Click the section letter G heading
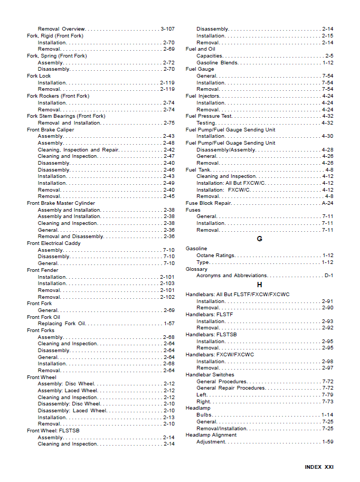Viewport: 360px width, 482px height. [x=259, y=239]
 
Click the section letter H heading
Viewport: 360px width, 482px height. [x=259, y=285]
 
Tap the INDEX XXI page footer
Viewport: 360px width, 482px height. [x=319, y=467]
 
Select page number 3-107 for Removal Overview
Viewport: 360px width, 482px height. [x=167, y=29]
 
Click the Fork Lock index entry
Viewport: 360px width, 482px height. [x=39, y=76]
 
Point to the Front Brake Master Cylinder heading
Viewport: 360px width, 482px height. [x=61, y=203]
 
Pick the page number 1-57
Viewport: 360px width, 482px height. [x=169, y=324]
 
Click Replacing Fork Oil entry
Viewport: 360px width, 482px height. [x=61, y=324]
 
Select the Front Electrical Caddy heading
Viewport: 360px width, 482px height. [x=53, y=243]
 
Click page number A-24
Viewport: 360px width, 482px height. [x=327, y=203]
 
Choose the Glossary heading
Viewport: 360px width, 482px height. [x=196, y=269]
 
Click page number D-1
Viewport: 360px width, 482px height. [x=328, y=276]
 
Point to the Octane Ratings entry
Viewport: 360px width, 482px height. [x=215, y=256]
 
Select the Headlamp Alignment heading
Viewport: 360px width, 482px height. [x=211, y=435]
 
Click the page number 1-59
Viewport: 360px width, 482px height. [x=327, y=442]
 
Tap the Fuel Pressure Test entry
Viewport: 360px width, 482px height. [x=209, y=116]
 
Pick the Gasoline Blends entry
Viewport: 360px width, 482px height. [x=217, y=62]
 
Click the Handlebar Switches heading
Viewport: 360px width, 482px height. [x=210, y=375]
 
